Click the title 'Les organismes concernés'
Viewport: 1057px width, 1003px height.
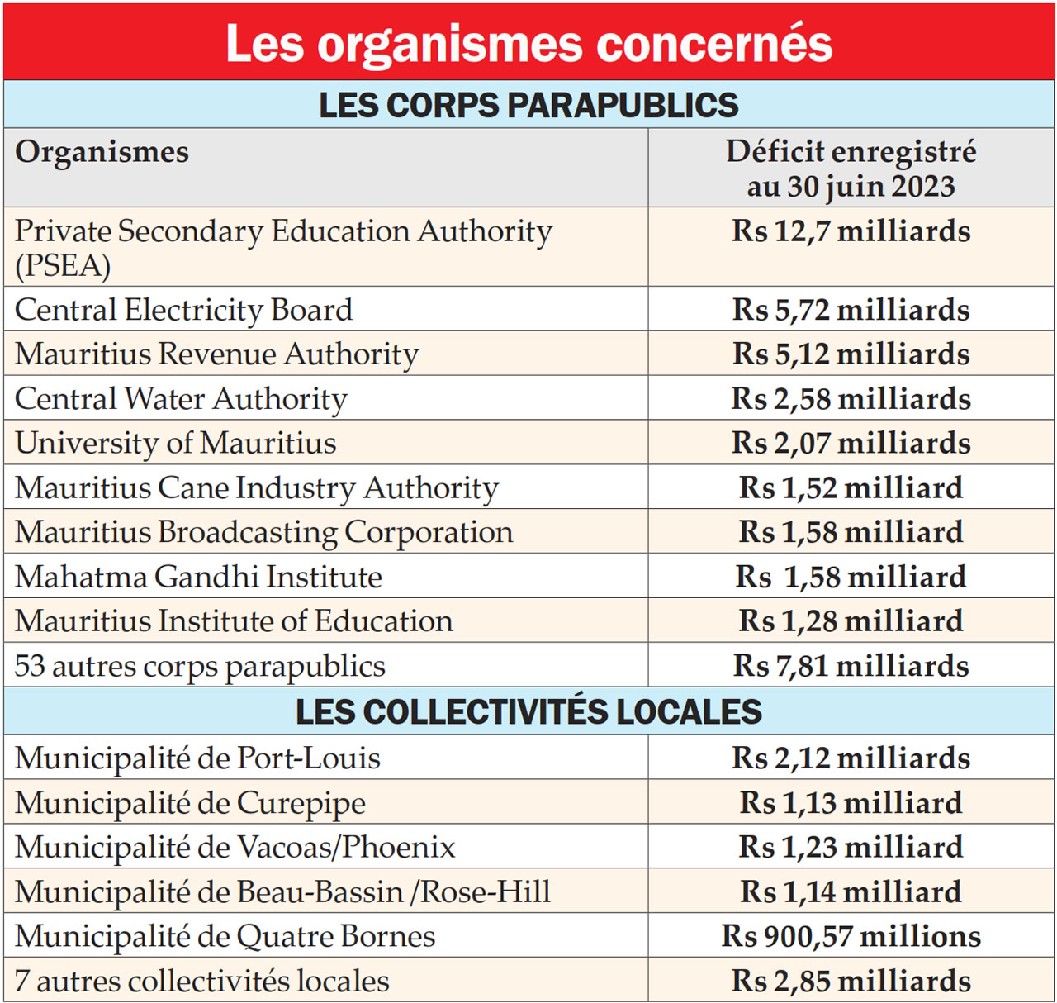click(528, 43)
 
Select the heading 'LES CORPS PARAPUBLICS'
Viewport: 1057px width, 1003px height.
click(528, 105)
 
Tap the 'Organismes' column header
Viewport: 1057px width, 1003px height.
click(102, 152)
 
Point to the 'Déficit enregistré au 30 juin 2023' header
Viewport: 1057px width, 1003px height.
click(851, 169)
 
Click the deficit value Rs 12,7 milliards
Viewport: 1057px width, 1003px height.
click(851, 231)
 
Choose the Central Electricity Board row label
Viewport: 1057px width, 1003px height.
click(183, 310)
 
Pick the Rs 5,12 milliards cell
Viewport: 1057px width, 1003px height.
click(851, 354)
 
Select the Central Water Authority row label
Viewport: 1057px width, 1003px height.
click(181, 399)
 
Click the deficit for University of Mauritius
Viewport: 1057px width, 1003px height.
click(851, 443)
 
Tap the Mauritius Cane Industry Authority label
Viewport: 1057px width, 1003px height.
click(257, 487)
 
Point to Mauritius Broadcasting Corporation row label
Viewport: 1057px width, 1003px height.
click(264, 532)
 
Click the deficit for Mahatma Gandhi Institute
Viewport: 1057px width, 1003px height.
click(851, 577)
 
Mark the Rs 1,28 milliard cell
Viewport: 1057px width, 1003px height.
click(851, 621)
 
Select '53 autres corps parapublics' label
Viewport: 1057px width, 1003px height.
click(200, 666)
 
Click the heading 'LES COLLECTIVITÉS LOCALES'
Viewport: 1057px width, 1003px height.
click(528, 711)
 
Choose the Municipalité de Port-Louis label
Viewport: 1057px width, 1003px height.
click(197, 758)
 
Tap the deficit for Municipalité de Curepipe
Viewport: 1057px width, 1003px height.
click(851, 803)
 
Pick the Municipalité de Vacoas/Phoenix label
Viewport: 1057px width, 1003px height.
click(235, 848)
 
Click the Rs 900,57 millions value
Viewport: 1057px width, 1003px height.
click(851, 936)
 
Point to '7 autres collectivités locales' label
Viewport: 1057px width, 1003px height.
click(202, 982)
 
